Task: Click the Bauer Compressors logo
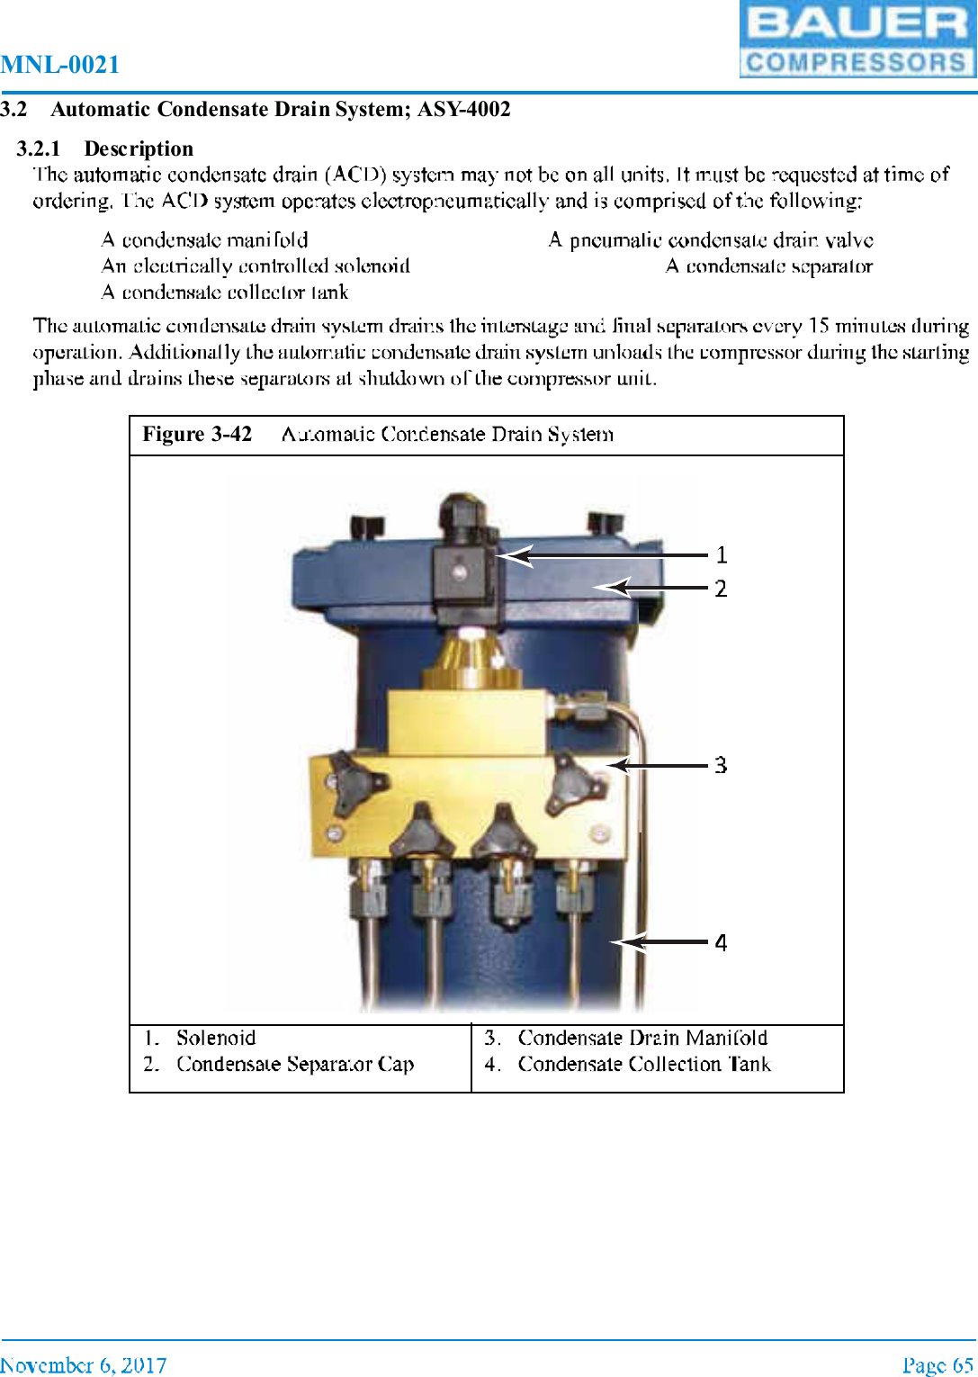(857, 40)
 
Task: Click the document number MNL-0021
(60, 65)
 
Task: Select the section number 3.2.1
(39, 148)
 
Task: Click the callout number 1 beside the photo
(721, 555)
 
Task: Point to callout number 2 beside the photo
(721, 589)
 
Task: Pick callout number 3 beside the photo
(721, 766)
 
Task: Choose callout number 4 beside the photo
(721, 943)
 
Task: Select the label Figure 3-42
(197, 435)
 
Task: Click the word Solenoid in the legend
(216, 1038)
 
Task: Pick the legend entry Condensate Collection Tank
(644, 1065)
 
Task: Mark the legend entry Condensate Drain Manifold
(642, 1038)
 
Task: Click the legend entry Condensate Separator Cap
(295, 1065)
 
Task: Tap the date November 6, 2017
(83, 1365)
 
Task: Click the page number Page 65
(938, 1365)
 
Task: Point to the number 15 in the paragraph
(818, 326)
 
